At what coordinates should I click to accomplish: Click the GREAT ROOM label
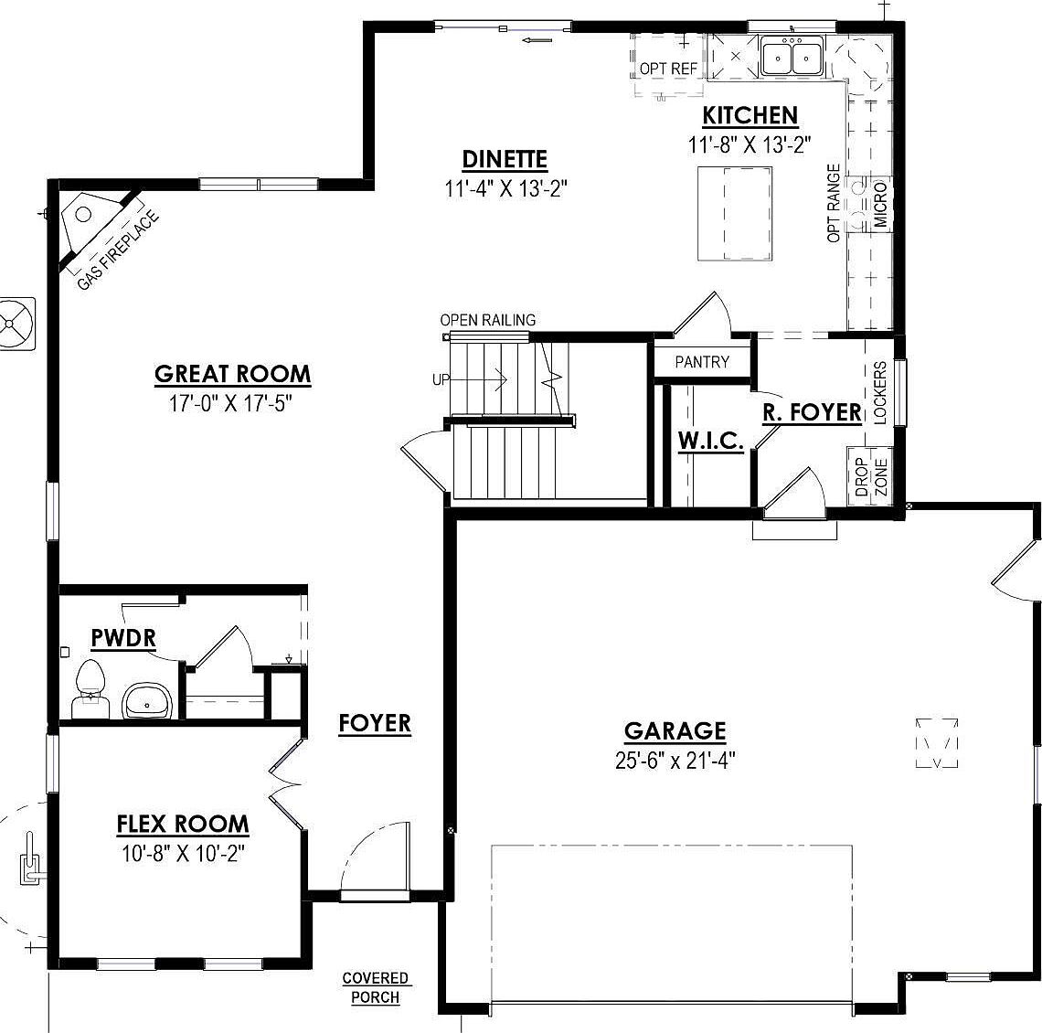[x=232, y=374]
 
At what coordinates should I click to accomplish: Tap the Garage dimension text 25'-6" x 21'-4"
[x=675, y=761]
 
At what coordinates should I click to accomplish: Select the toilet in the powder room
[x=90, y=690]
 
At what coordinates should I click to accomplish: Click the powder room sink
[x=145, y=702]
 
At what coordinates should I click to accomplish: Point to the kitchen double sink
[x=792, y=58]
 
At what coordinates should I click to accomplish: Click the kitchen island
[x=739, y=214]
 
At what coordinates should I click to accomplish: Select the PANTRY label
[x=702, y=362]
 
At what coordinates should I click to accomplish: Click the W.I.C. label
[x=710, y=441]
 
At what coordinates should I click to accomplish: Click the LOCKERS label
[x=880, y=391]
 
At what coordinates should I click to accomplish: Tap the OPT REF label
[x=668, y=69]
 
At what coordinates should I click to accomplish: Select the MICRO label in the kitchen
[x=879, y=205]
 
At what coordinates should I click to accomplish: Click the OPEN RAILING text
[x=488, y=320]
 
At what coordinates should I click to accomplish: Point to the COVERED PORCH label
[x=376, y=987]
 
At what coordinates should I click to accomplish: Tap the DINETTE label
[x=505, y=159]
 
